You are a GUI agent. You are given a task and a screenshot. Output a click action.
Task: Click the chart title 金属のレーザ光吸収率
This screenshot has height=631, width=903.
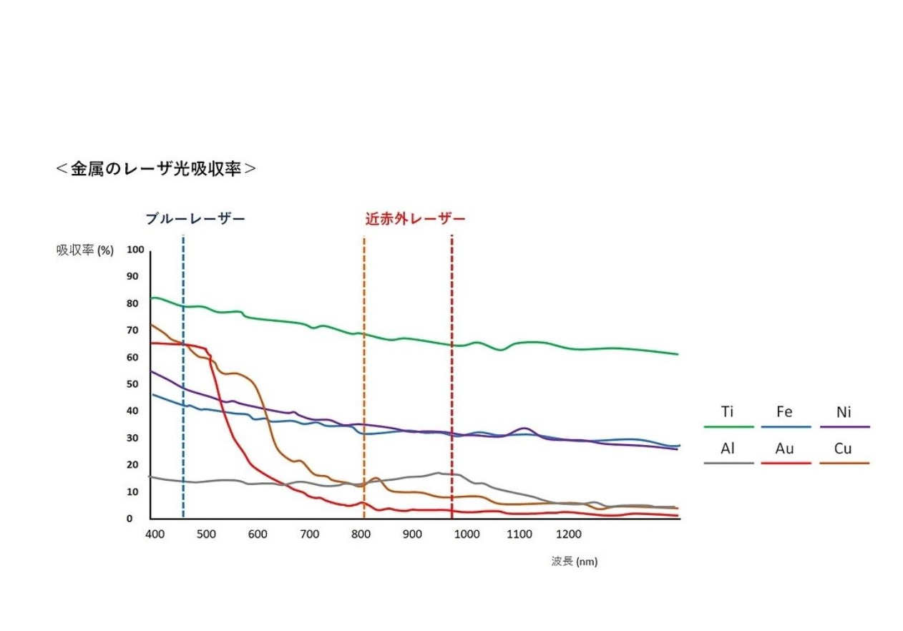tap(156, 169)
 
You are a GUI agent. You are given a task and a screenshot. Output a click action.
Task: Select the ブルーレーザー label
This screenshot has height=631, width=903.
tap(195, 219)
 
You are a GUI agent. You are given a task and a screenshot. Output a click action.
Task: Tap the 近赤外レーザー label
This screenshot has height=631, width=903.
tap(415, 219)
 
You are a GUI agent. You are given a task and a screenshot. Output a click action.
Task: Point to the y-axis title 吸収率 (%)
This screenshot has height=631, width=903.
tap(85, 250)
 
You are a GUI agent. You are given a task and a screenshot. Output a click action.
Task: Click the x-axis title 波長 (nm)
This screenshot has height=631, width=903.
tap(574, 562)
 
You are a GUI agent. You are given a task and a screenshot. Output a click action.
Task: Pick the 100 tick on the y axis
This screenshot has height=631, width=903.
tap(136, 250)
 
